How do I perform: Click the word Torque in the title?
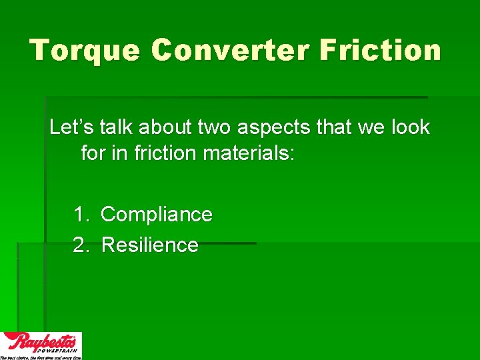click(84, 51)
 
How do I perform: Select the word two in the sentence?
click(215, 127)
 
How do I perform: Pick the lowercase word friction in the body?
click(165, 153)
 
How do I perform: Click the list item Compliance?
click(157, 215)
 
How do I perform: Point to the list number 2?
click(81, 245)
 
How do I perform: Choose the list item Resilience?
click(150, 245)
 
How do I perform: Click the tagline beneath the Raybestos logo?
click(41, 357)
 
